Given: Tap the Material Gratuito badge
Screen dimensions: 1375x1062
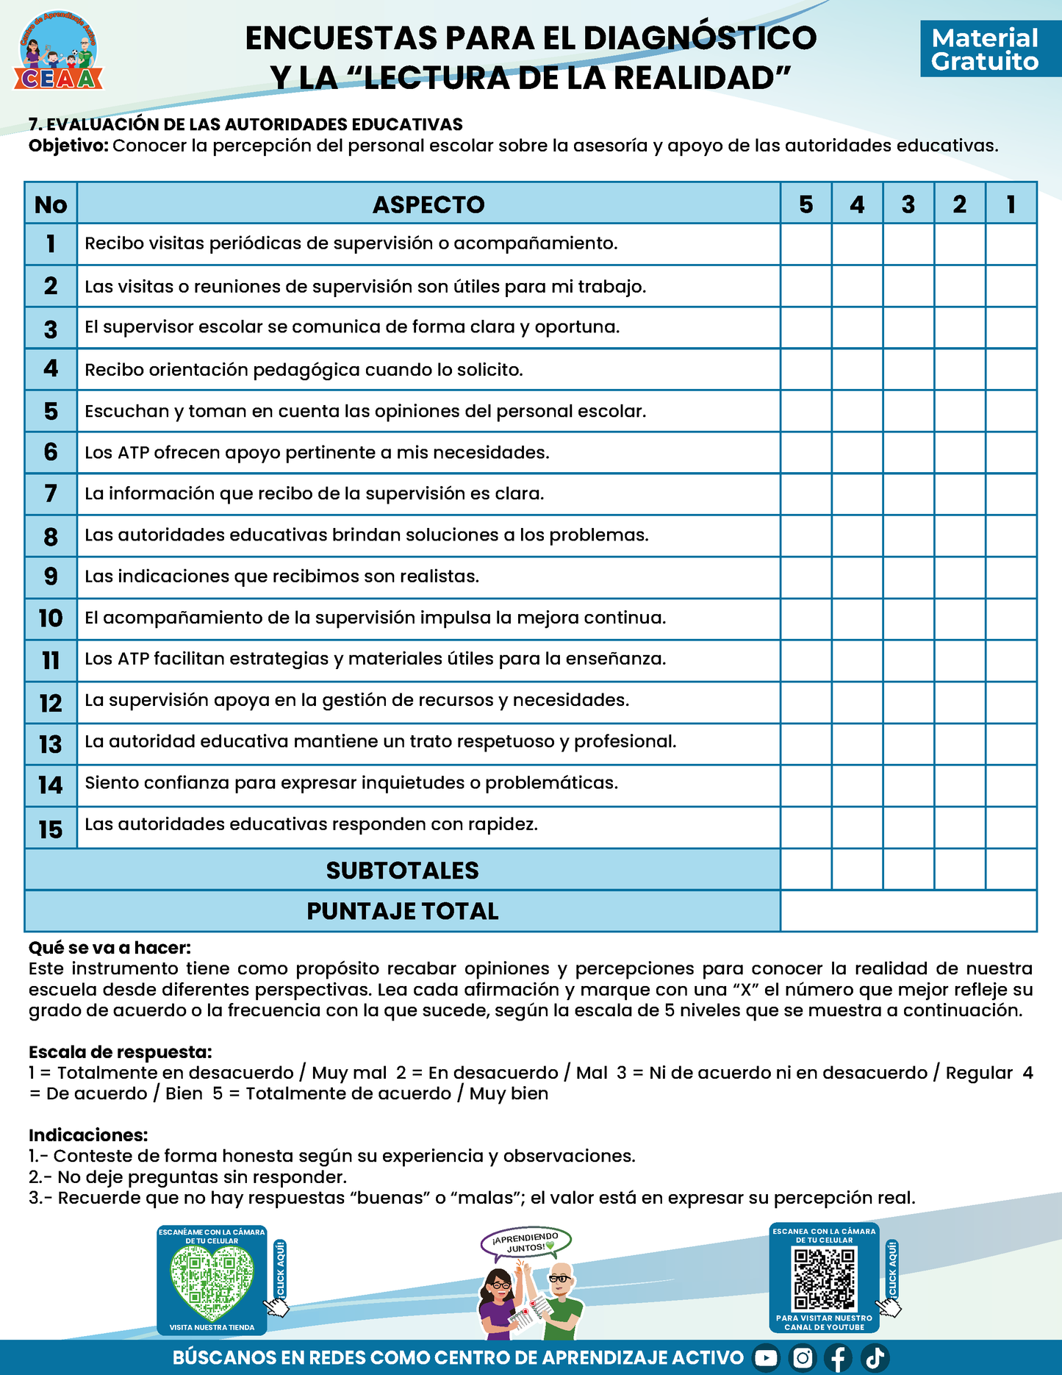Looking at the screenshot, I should [985, 49].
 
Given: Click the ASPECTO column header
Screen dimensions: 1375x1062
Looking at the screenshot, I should [428, 204].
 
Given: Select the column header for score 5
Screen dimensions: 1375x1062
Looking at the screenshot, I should [806, 204].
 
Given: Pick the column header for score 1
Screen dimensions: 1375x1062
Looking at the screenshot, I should [1011, 204].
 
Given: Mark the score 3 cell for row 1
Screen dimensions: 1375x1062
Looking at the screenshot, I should [908, 244].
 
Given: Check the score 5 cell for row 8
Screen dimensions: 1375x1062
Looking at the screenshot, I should [806, 535].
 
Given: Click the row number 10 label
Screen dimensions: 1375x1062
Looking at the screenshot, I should [51, 618].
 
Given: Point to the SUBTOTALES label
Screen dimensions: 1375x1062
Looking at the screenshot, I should [402, 871].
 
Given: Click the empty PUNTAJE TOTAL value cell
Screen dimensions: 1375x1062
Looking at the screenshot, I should [908, 912].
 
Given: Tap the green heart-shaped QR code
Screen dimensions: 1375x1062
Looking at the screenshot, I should [212, 1284].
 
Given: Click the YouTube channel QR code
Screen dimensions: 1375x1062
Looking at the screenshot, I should [825, 1279].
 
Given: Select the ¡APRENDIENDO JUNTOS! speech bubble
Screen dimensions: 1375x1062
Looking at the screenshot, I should [526, 1242].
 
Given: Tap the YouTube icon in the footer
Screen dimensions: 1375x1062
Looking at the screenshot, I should [766, 1358].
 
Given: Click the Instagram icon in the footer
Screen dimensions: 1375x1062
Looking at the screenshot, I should [803, 1358].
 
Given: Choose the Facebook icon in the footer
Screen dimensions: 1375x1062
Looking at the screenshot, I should [839, 1358].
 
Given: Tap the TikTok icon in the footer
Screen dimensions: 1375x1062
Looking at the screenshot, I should [875, 1358].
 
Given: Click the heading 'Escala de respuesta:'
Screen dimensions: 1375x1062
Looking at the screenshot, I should [120, 1052].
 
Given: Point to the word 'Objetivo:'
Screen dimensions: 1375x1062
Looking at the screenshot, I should [68, 146].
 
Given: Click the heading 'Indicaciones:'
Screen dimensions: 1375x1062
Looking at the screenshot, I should [88, 1135].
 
